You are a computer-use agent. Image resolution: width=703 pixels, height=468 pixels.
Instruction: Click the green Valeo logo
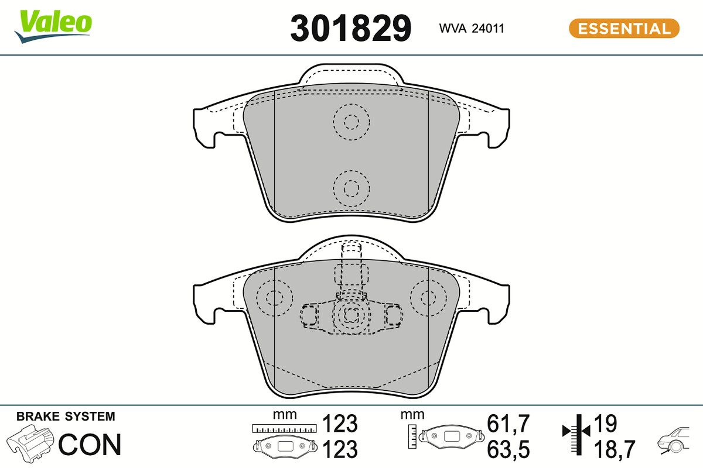tap(53, 26)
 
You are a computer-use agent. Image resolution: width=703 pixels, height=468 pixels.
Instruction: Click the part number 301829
tap(350, 29)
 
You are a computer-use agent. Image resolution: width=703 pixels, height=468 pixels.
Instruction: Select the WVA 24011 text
tap(472, 29)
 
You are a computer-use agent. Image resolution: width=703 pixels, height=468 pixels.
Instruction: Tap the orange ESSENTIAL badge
tap(624, 29)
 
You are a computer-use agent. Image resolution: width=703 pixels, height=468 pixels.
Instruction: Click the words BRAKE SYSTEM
tap(66, 417)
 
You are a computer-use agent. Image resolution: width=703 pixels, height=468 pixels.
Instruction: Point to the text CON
tap(90, 445)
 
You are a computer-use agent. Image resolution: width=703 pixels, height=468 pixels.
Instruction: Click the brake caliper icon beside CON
tap(30, 443)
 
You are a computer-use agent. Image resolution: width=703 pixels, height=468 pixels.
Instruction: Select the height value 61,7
tap(508, 424)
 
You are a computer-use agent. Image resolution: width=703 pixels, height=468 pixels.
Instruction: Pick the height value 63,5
tap(508, 449)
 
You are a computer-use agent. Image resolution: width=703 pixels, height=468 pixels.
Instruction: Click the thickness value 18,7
tap(615, 449)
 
